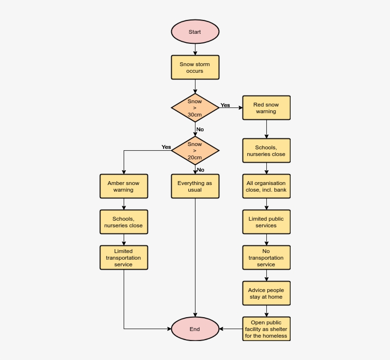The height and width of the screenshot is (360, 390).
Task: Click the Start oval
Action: (195, 32)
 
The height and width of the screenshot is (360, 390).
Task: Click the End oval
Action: (195, 329)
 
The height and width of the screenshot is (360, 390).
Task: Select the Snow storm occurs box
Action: (195, 67)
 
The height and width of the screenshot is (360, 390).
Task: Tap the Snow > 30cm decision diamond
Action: (195, 108)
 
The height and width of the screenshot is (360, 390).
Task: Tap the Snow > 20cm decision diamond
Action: (195, 151)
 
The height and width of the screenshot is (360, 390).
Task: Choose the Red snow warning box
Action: (266, 108)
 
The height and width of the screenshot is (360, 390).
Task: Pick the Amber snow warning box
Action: (124, 186)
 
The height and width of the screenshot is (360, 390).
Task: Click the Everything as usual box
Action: (195, 186)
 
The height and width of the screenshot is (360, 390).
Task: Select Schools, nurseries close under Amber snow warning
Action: (124, 222)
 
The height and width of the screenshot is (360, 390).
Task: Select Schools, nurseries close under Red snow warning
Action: (266, 151)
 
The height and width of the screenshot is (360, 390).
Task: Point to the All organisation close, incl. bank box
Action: (266, 186)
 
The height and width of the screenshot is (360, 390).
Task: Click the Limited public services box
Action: (266, 222)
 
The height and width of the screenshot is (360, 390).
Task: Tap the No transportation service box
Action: (266, 258)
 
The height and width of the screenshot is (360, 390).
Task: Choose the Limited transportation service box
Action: (124, 258)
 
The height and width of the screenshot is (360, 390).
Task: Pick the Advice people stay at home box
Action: (266, 293)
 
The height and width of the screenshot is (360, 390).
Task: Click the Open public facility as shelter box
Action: (266, 329)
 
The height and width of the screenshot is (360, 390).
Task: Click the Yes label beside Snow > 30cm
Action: (225, 105)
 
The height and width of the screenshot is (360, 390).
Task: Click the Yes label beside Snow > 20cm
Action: (166, 147)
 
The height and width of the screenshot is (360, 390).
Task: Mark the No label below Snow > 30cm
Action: (200, 129)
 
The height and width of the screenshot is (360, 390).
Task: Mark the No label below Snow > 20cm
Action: (201, 170)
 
